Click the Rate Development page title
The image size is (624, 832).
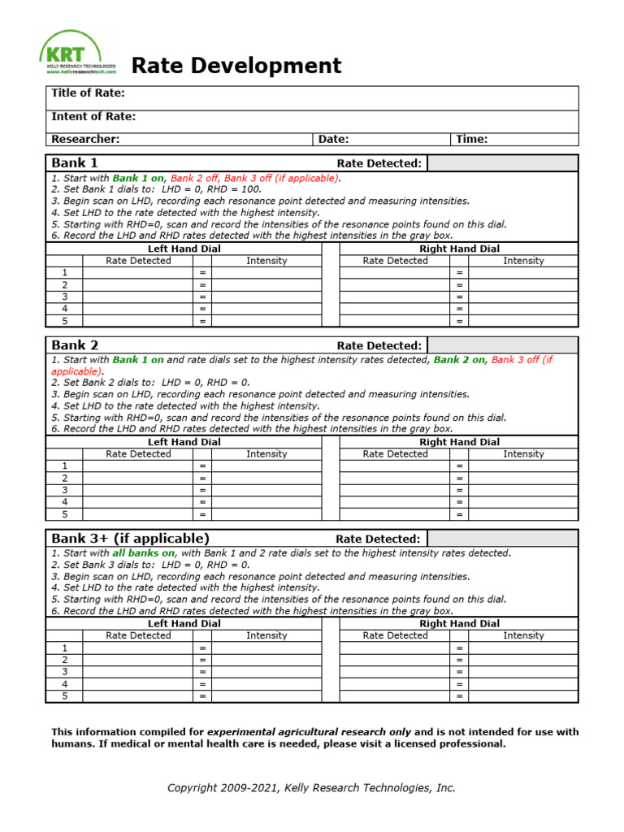point(236,65)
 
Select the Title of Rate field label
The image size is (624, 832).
point(88,93)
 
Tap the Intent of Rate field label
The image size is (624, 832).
point(93,116)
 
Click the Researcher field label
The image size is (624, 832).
point(85,139)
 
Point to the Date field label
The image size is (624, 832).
point(333,139)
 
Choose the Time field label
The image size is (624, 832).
point(471,139)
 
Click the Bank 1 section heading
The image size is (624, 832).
point(74,162)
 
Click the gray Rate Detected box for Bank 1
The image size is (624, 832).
point(502,163)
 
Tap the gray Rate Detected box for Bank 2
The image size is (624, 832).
point(502,345)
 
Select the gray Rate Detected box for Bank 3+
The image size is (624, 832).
point(502,539)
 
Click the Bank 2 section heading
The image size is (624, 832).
point(74,345)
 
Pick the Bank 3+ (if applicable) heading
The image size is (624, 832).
point(130,538)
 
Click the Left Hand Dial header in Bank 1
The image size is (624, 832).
point(184,249)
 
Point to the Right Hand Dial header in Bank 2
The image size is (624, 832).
point(459,442)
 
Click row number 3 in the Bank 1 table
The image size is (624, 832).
point(65,297)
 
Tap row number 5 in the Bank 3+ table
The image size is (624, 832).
point(65,696)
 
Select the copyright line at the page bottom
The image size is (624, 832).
point(311,787)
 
